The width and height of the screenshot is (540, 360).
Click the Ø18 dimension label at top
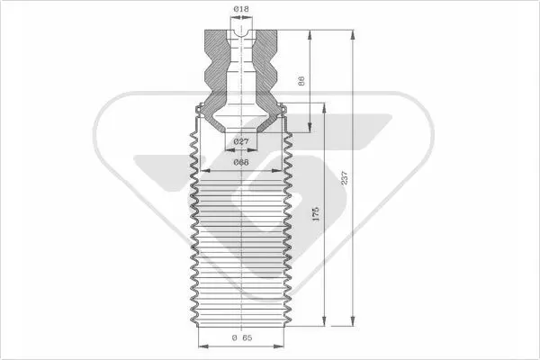coord(241,9)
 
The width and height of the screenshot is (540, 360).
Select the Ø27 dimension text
coord(241,141)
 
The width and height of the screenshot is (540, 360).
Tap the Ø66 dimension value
coord(241,162)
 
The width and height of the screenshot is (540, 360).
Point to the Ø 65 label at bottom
coord(242,338)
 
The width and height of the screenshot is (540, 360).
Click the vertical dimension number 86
coord(301,81)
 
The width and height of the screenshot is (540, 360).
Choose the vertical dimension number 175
coord(316,214)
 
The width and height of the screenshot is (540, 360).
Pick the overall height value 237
coord(345,178)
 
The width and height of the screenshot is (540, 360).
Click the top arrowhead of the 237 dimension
coord(352,35)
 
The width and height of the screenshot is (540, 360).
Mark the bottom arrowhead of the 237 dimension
coord(352,321)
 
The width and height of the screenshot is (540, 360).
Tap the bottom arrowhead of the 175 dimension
coord(324,321)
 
